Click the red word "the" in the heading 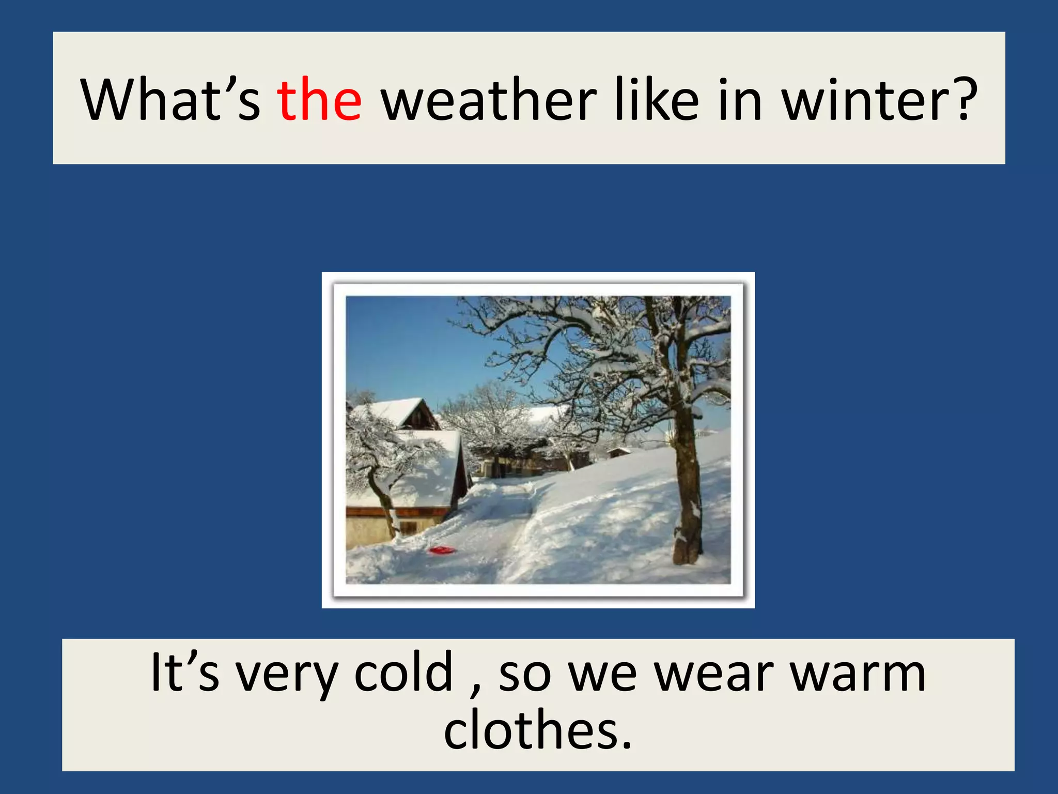click(x=319, y=100)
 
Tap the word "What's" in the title click(x=170, y=100)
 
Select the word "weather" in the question click(x=488, y=100)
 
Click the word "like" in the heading click(x=657, y=100)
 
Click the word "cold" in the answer click(x=403, y=672)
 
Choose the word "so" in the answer click(x=524, y=675)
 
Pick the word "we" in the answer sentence click(x=602, y=675)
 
